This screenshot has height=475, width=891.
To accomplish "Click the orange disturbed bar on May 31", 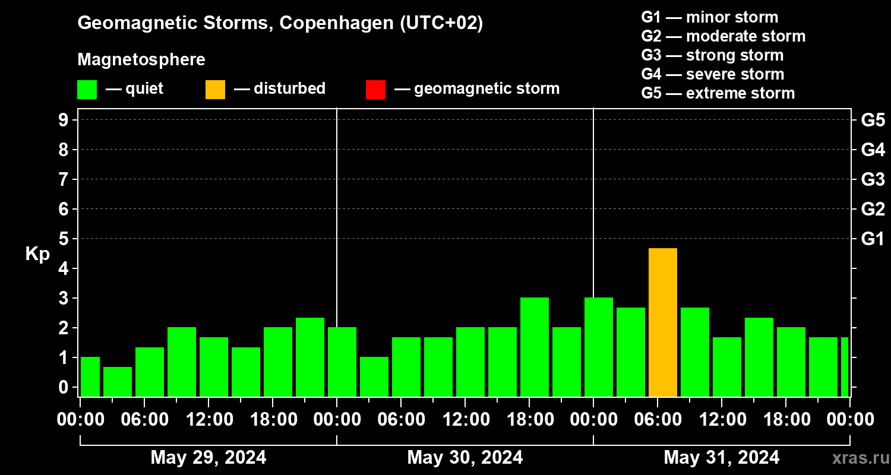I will [662, 322].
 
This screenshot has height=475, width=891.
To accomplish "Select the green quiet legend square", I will [87, 89].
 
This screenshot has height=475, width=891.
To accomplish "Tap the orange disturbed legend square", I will [215, 89].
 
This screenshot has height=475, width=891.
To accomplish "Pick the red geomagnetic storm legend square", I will [375, 89].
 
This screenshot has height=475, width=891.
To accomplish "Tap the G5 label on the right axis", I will [873, 121].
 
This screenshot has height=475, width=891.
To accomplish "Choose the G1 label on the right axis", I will [873, 239].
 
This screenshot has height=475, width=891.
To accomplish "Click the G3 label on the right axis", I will [873, 180].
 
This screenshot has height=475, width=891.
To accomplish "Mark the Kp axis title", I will [37, 254].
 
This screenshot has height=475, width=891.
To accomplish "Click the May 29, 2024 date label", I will [208, 457].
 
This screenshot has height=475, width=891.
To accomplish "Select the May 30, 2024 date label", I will [465, 457].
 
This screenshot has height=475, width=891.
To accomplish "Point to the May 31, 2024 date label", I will [721, 457].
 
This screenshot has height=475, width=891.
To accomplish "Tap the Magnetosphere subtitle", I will [141, 60].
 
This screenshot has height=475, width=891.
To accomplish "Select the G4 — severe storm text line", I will [712, 74].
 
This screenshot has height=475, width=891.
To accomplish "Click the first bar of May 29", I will [90, 376].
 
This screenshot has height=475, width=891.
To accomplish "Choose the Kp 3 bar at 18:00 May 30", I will [534, 347].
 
